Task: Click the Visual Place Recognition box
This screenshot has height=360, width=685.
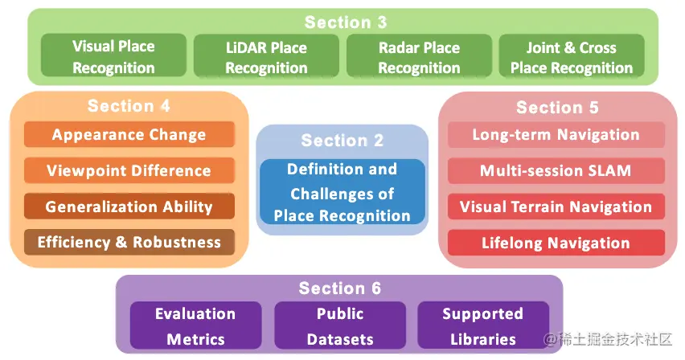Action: click(x=113, y=57)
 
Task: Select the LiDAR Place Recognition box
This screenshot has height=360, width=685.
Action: click(x=266, y=57)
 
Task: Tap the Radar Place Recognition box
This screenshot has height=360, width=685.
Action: click(x=419, y=57)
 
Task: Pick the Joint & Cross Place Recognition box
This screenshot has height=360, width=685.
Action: click(x=572, y=57)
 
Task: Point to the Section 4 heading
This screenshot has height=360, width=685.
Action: click(x=129, y=106)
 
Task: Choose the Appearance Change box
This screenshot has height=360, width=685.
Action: click(x=129, y=135)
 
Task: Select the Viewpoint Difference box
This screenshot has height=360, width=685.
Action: click(x=129, y=170)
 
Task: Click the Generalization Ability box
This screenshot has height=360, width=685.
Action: click(x=129, y=207)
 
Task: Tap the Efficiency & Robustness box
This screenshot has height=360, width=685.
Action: click(x=129, y=242)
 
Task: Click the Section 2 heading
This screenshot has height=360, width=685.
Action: click(x=342, y=141)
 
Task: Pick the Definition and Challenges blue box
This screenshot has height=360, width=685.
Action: click(x=342, y=192)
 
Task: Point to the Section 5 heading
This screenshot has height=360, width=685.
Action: click(x=557, y=107)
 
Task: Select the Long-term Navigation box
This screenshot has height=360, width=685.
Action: click(x=556, y=135)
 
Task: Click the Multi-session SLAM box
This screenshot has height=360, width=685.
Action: click(x=556, y=170)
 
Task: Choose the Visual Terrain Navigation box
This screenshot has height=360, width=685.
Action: click(x=556, y=207)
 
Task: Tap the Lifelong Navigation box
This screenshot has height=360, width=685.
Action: click(x=556, y=243)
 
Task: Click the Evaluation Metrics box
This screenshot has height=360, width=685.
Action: click(x=195, y=325)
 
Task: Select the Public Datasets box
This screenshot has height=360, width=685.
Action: click(x=339, y=325)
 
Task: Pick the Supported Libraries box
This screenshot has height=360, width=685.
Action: click(x=482, y=325)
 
